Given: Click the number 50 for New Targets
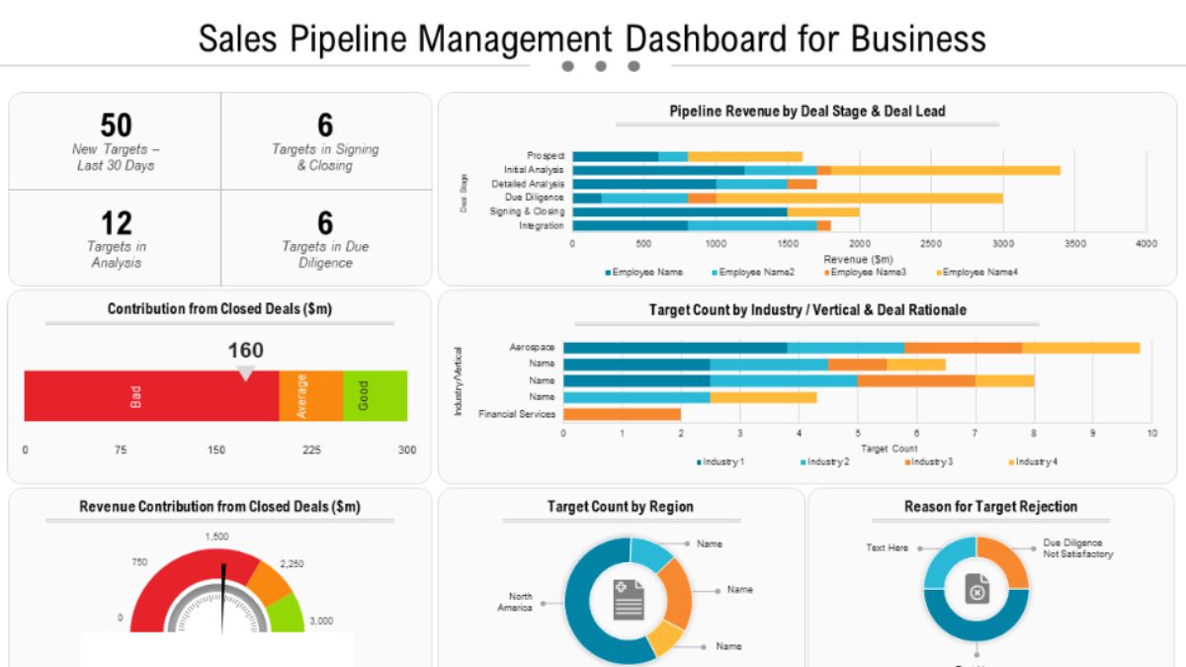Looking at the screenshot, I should click(116, 125).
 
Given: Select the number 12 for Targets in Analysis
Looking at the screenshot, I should click(116, 222).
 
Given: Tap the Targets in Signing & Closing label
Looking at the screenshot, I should click(325, 157).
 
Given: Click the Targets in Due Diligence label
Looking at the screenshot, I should click(325, 254).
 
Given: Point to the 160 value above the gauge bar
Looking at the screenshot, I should click(246, 350).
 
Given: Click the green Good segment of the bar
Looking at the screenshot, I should click(375, 396).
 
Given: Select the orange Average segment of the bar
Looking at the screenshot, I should click(310, 396).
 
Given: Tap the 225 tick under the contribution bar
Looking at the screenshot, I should click(311, 450).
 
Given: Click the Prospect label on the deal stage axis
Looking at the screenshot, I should click(546, 156).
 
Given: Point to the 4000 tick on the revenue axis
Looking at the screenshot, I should click(1145, 243).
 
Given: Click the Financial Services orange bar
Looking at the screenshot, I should click(622, 414).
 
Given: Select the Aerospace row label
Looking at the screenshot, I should click(532, 348).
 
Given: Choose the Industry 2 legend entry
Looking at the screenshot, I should click(825, 461).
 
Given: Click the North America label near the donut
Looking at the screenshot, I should click(520, 602).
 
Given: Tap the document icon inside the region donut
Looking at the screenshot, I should click(629, 600).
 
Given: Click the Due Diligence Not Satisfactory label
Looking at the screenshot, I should click(1077, 548).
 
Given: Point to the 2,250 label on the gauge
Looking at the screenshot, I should click(293, 563).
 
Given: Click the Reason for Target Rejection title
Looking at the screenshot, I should click(990, 507).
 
